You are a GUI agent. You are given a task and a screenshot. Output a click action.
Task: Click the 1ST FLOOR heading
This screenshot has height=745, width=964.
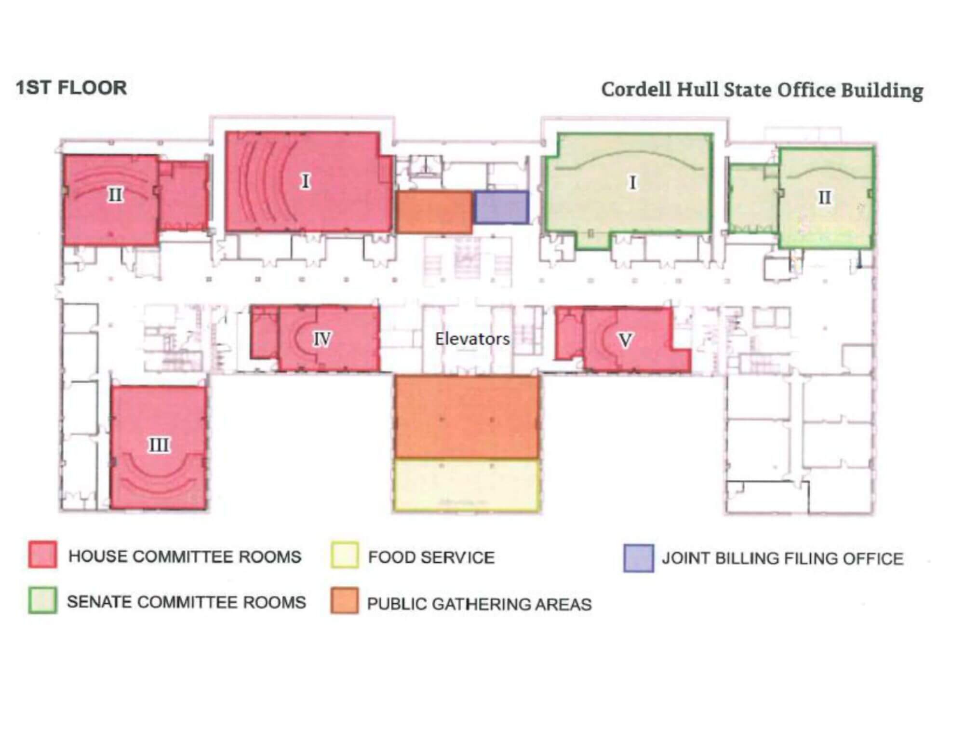click(71, 88)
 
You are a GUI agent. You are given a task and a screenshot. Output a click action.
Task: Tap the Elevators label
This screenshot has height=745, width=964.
click(472, 339)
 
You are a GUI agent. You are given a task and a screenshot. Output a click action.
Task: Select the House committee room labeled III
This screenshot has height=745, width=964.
click(159, 447)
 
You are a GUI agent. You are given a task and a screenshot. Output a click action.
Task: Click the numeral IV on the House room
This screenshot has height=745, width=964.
click(322, 339)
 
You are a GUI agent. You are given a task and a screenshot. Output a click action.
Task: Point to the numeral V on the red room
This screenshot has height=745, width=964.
click(625, 340)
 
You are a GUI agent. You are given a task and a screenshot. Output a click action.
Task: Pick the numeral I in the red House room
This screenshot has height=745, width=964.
click(305, 181)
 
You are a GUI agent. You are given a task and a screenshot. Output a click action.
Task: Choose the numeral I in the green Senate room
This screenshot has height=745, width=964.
click(632, 183)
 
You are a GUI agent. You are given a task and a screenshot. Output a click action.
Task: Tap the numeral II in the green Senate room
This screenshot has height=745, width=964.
click(825, 197)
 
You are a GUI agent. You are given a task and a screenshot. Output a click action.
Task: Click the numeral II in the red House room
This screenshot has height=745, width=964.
click(115, 195)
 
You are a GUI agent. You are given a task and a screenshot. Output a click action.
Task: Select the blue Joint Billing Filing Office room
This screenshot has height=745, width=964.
click(501, 207)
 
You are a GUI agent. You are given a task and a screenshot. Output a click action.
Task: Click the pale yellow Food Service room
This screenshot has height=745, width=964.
click(467, 485)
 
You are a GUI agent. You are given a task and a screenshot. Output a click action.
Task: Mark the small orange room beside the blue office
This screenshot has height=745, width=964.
click(434, 212)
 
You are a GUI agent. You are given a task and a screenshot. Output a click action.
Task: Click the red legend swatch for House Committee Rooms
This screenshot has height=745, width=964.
click(42, 555)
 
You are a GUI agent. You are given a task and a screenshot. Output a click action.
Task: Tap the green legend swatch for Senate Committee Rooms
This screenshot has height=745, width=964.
click(42, 600)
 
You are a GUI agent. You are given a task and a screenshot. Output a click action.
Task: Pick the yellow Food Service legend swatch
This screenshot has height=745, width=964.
click(345, 555)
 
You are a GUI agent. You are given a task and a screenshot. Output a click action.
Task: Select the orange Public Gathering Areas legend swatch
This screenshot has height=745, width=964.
click(345, 600)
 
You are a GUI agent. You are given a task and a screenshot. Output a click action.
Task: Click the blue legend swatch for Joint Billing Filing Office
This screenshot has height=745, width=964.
click(639, 558)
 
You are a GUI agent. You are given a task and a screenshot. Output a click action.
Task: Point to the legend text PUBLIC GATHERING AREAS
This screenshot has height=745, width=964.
click(479, 604)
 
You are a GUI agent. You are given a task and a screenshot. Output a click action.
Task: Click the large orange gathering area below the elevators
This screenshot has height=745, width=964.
click(467, 417)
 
